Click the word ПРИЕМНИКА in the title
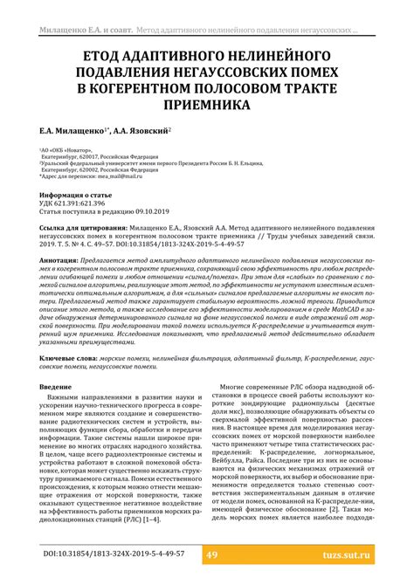pyautogui.click(x=206, y=107)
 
